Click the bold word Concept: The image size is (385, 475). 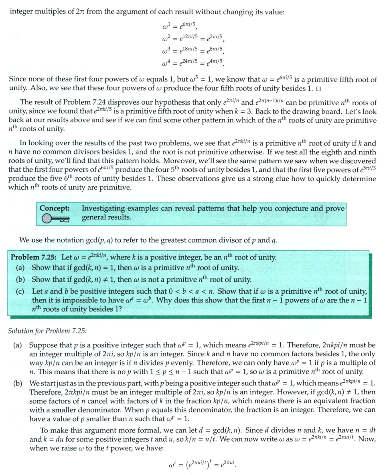coord(54,208)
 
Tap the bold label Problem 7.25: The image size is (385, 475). coord(35,257)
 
